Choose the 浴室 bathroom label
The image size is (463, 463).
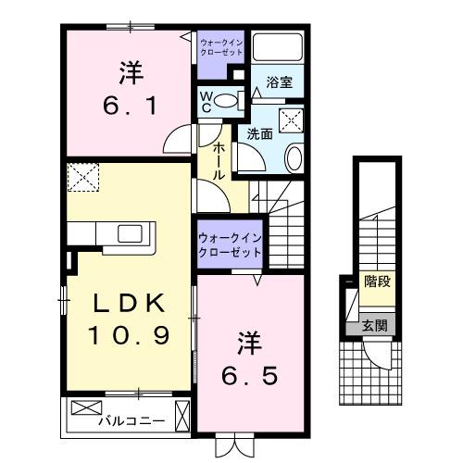pyautogui.click(x=280, y=81)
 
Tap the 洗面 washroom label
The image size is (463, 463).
pyautogui.click(x=259, y=133)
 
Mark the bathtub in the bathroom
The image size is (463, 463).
pyautogui.click(x=279, y=49)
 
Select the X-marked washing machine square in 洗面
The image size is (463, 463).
pyautogui.click(x=293, y=119)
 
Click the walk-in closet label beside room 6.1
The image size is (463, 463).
pyautogui.click(x=222, y=46)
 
